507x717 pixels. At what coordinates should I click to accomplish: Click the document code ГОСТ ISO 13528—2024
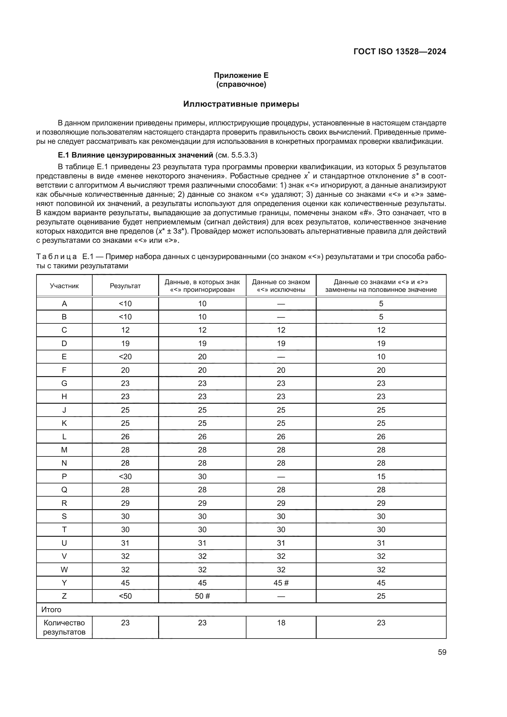pyautogui.click(x=400, y=51)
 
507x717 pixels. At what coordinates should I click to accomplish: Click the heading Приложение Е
pyautogui.click(x=241, y=75)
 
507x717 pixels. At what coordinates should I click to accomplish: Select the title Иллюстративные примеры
pyautogui.click(x=241, y=104)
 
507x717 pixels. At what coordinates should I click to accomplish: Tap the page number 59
pyautogui.click(x=442, y=652)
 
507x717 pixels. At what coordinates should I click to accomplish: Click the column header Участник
pyautogui.click(x=64, y=286)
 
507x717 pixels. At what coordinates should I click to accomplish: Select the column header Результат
pyautogui.click(x=125, y=286)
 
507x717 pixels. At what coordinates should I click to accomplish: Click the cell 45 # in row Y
pyautogui.click(x=281, y=583)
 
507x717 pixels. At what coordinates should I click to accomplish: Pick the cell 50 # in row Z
pyautogui.click(x=202, y=596)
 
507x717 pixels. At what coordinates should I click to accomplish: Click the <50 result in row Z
pyautogui.click(x=125, y=596)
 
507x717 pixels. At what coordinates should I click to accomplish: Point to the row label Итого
pyautogui.click(x=51, y=610)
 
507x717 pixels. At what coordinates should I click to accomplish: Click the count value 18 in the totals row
pyautogui.click(x=281, y=623)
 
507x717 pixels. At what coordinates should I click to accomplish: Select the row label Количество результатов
pyautogui.click(x=64, y=627)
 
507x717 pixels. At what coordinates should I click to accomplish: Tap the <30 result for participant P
pyautogui.click(x=125, y=477)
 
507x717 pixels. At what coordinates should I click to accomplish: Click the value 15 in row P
pyautogui.click(x=381, y=477)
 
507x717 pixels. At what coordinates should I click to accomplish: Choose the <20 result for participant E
pyautogui.click(x=125, y=357)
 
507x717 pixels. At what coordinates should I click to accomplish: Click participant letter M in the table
pyautogui.click(x=64, y=450)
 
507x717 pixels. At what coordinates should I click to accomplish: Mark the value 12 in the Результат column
pyautogui.click(x=125, y=330)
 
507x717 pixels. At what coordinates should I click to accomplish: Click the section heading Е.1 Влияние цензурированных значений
pyautogui.click(x=135, y=155)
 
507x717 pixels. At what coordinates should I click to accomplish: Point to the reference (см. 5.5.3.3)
pyautogui.click(x=236, y=155)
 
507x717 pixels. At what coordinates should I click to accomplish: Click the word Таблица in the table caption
pyautogui.click(x=56, y=257)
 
